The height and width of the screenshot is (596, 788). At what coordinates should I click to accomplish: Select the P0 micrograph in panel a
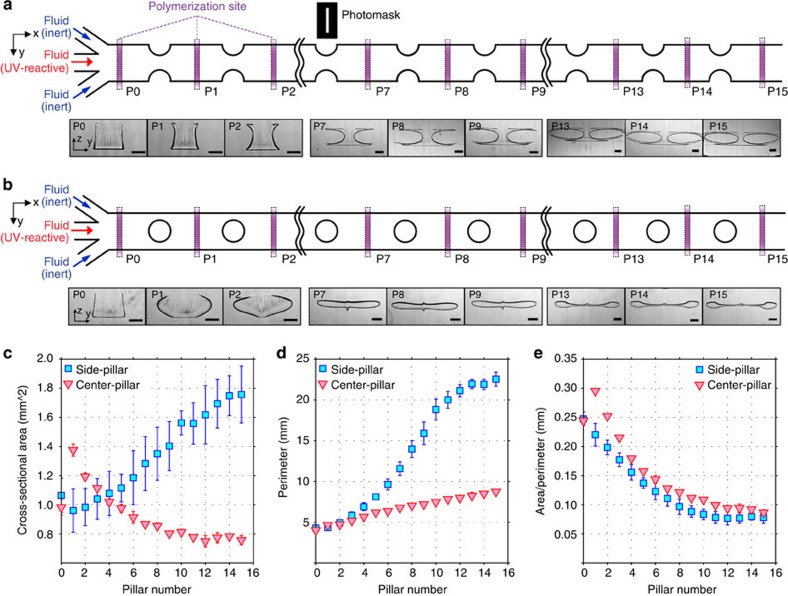[x=95, y=140]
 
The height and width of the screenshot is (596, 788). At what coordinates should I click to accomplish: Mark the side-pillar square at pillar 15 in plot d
[x=496, y=380]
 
